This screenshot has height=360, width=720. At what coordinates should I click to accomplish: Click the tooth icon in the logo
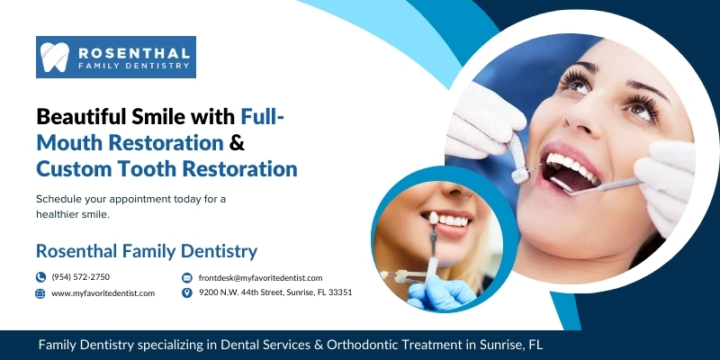tap(55, 57)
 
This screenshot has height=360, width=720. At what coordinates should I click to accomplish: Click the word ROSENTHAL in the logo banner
tap(133, 52)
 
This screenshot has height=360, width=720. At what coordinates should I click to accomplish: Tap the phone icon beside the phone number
tap(40, 277)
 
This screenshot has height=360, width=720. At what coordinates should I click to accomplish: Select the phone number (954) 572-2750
tap(81, 277)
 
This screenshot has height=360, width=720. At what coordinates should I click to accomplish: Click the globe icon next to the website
tap(40, 293)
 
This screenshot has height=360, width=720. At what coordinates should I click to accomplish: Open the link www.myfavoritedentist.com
tap(103, 293)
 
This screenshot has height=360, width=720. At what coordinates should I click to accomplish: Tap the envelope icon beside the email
tap(187, 277)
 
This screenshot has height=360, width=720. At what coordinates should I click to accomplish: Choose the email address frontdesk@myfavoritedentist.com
tap(260, 278)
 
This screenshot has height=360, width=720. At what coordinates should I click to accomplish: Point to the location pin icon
tap(187, 292)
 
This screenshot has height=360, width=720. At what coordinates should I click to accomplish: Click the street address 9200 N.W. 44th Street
tap(240, 292)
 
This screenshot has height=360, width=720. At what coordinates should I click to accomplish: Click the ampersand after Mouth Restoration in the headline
tap(237, 142)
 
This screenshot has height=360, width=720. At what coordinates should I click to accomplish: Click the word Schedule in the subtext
tap(55, 200)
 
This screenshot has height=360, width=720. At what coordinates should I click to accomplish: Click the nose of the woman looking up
tap(580, 117)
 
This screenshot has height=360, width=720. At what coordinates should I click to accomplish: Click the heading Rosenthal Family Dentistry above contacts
tap(147, 251)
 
